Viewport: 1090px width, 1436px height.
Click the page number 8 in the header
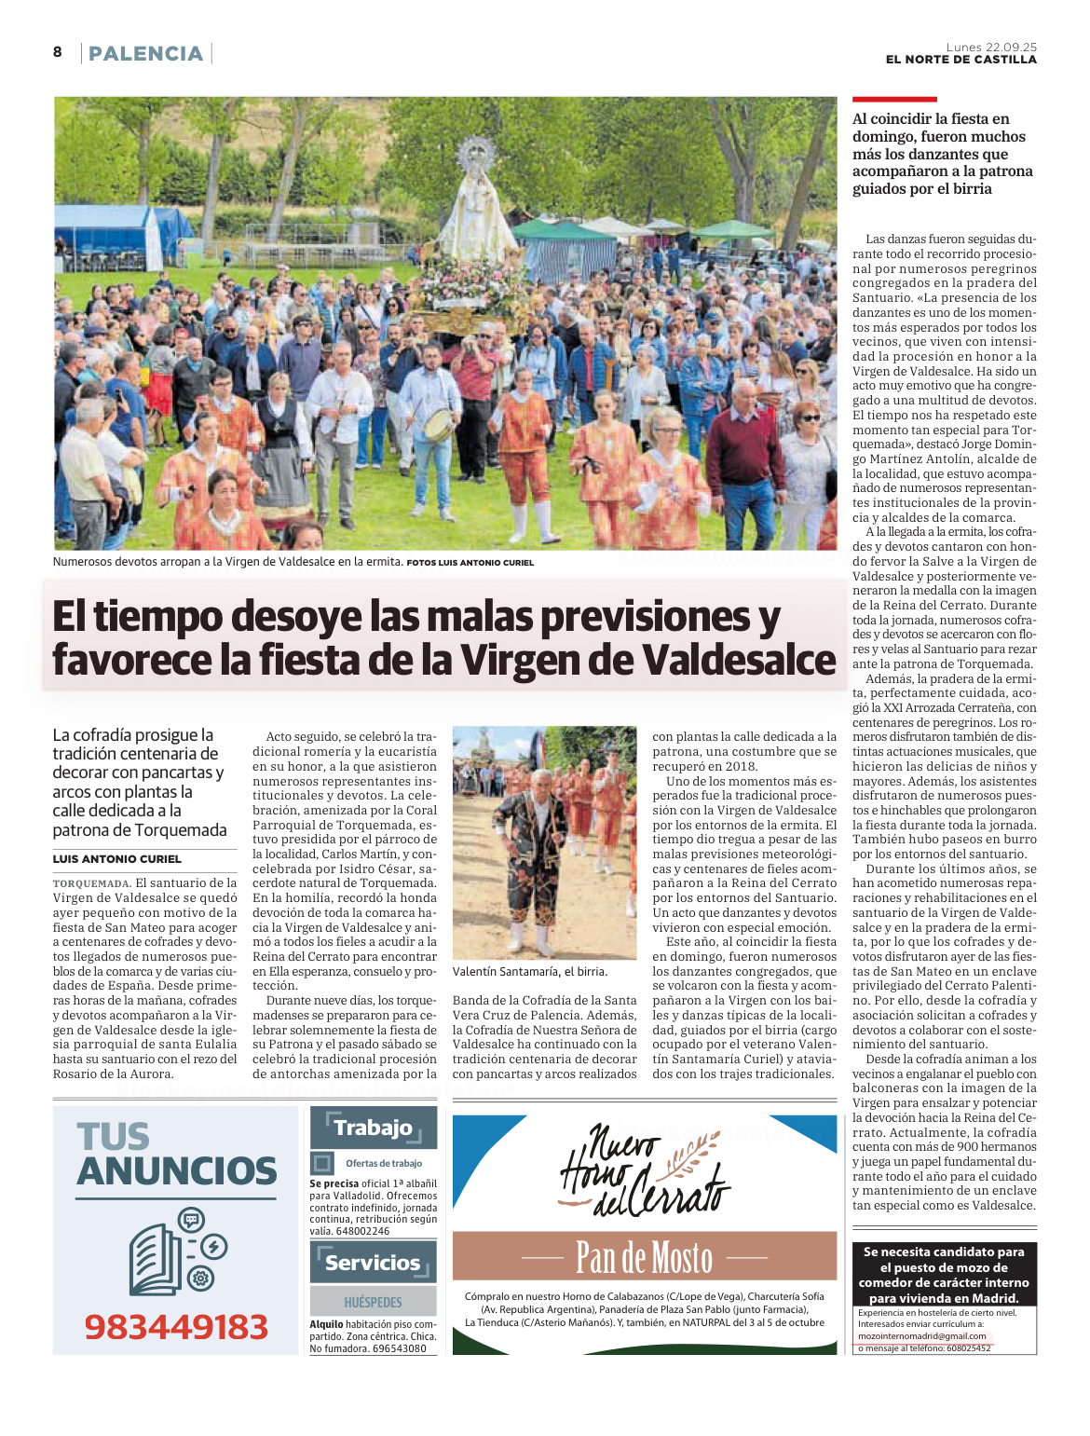(58, 52)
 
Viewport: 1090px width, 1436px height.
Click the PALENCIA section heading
(145, 54)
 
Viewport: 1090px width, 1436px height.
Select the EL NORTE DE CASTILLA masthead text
(961, 60)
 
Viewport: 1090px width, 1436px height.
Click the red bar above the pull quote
(894, 99)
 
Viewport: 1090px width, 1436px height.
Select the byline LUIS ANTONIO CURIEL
(117, 859)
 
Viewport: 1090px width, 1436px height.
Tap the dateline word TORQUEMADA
(90, 883)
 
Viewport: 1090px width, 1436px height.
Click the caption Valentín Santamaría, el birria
(529, 971)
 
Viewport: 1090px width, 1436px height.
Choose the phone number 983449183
(176, 1326)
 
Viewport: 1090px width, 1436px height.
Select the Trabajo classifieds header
(373, 1128)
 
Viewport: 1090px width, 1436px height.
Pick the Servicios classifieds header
(373, 1263)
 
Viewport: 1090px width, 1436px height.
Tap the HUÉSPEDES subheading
(373, 1302)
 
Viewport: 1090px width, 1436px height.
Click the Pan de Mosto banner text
(644, 1257)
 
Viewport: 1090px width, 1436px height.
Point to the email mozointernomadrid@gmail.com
(921, 1335)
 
